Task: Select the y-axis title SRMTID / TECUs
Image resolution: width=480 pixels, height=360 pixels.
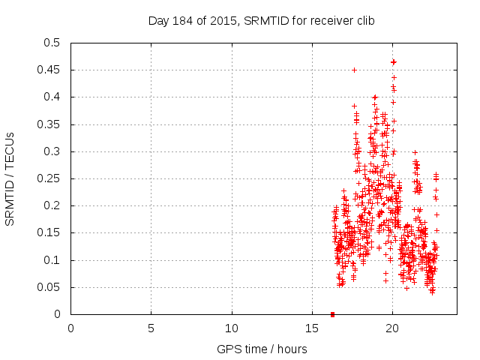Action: pyautogui.click(x=10, y=178)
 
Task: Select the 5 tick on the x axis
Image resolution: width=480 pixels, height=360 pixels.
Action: pyautogui.click(x=151, y=328)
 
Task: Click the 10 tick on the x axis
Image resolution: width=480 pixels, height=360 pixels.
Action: pyautogui.click(x=232, y=328)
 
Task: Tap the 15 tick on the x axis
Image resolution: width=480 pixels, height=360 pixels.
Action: pyautogui.click(x=312, y=328)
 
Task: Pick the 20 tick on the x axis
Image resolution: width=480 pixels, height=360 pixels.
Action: pyautogui.click(x=392, y=328)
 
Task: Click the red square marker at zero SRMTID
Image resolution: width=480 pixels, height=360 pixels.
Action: pyautogui.click(x=332, y=314)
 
